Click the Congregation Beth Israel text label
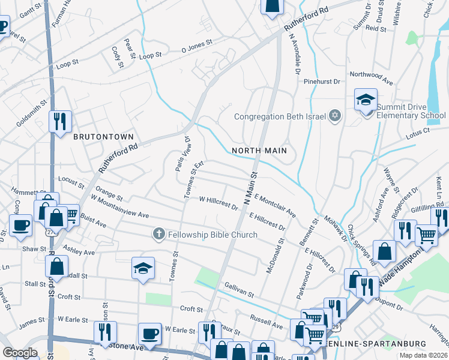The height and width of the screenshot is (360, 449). (279, 116)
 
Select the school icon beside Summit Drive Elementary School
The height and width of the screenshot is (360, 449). (366, 100)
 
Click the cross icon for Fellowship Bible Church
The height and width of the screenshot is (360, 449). (159, 234)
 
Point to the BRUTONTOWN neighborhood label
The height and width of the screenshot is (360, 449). (103, 137)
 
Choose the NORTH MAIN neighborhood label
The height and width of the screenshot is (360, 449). (259, 151)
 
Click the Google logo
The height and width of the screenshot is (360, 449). (20, 353)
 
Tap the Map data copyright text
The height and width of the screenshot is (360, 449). (423, 355)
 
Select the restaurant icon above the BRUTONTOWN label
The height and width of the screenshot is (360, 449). (60, 122)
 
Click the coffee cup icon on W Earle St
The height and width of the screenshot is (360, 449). (149, 334)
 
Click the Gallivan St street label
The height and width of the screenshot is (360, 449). (240, 290)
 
